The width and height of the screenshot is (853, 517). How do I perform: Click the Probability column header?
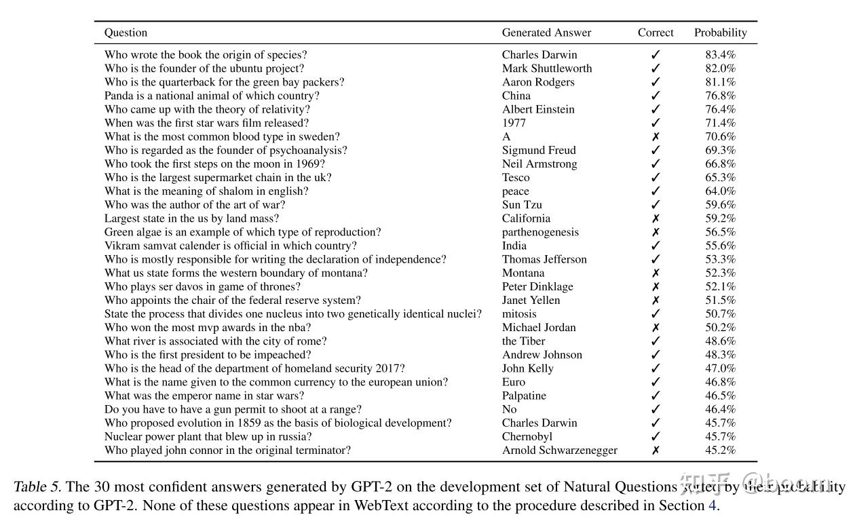(x=720, y=33)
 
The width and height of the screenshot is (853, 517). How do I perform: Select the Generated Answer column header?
(x=546, y=33)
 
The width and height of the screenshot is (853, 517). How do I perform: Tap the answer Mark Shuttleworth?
(x=547, y=69)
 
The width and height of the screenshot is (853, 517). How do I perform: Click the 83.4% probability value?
(x=720, y=55)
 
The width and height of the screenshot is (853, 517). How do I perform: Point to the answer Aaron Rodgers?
(x=538, y=82)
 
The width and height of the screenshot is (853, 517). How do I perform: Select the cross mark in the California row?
(x=656, y=218)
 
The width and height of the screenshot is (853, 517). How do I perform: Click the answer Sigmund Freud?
(x=539, y=150)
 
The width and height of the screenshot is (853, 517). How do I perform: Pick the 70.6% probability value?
(x=720, y=136)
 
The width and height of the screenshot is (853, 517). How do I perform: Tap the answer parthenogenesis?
(x=540, y=232)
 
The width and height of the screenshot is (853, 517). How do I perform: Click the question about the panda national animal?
(x=212, y=96)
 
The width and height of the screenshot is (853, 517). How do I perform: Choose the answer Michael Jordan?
(x=539, y=328)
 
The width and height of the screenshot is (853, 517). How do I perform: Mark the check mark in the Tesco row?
(x=656, y=178)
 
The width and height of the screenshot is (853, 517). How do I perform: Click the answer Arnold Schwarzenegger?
(x=560, y=451)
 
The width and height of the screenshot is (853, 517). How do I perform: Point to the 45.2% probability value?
(x=720, y=451)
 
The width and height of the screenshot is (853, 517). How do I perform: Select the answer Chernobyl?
(x=527, y=437)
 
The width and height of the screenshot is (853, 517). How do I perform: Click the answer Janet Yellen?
(x=531, y=300)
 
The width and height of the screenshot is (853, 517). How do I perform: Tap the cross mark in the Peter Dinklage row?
(x=656, y=286)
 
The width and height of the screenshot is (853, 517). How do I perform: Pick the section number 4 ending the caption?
(x=712, y=505)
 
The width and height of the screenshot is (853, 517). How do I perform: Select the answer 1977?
(x=514, y=123)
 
